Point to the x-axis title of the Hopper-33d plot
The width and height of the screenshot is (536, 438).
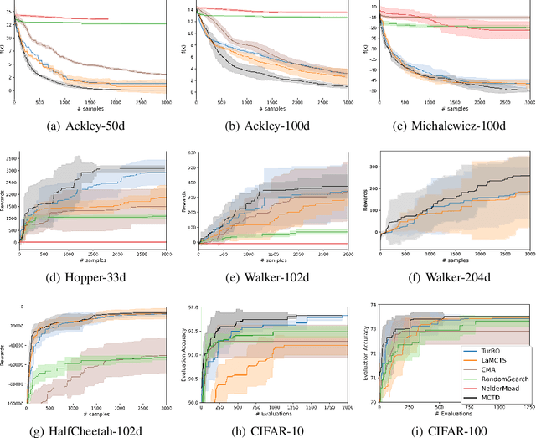click(x=94, y=257)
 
